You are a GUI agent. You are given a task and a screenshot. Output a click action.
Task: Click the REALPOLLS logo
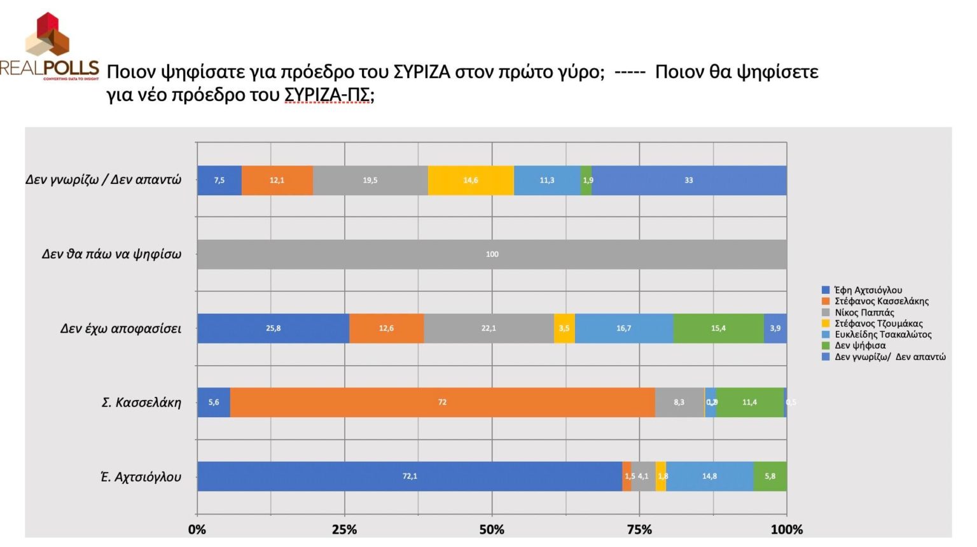click(x=49, y=48)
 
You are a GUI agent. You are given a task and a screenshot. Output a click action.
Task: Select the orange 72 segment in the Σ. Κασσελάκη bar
click(x=442, y=402)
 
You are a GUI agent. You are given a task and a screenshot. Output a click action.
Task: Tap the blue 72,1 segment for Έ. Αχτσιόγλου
click(x=410, y=476)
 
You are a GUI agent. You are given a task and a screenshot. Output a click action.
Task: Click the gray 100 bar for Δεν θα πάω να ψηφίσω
click(x=492, y=254)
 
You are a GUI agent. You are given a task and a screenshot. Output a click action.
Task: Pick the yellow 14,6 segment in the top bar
click(x=471, y=181)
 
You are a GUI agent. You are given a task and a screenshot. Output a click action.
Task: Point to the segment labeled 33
click(x=689, y=181)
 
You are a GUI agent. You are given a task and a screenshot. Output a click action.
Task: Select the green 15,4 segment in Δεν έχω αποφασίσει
click(x=718, y=328)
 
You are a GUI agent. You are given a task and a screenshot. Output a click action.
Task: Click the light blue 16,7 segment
click(x=624, y=328)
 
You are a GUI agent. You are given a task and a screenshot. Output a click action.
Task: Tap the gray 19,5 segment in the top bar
click(x=370, y=181)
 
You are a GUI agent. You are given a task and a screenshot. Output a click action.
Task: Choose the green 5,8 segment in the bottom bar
click(x=770, y=476)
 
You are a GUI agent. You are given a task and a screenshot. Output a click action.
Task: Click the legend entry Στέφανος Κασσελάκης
click(x=881, y=301)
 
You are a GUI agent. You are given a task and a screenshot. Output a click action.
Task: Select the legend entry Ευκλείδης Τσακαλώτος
click(x=883, y=335)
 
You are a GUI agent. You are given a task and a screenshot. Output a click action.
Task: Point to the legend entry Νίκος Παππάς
click(x=864, y=312)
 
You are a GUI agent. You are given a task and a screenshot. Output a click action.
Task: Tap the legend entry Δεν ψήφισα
click(x=860, y=345)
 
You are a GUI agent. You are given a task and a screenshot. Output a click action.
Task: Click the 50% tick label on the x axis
click(x=492, y=530)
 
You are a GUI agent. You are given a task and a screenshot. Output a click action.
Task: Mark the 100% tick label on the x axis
click(x=786, y=530)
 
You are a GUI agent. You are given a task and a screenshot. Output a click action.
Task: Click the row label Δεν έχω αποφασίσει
click(x=121, y=329)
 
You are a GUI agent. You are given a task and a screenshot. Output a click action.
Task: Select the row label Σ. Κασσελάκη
click(x=141, y=403)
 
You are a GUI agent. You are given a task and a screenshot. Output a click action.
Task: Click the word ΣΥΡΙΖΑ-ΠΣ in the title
click(x=328, y=95)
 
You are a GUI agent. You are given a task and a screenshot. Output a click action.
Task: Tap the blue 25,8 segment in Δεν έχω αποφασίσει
click(x=273, y=328)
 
